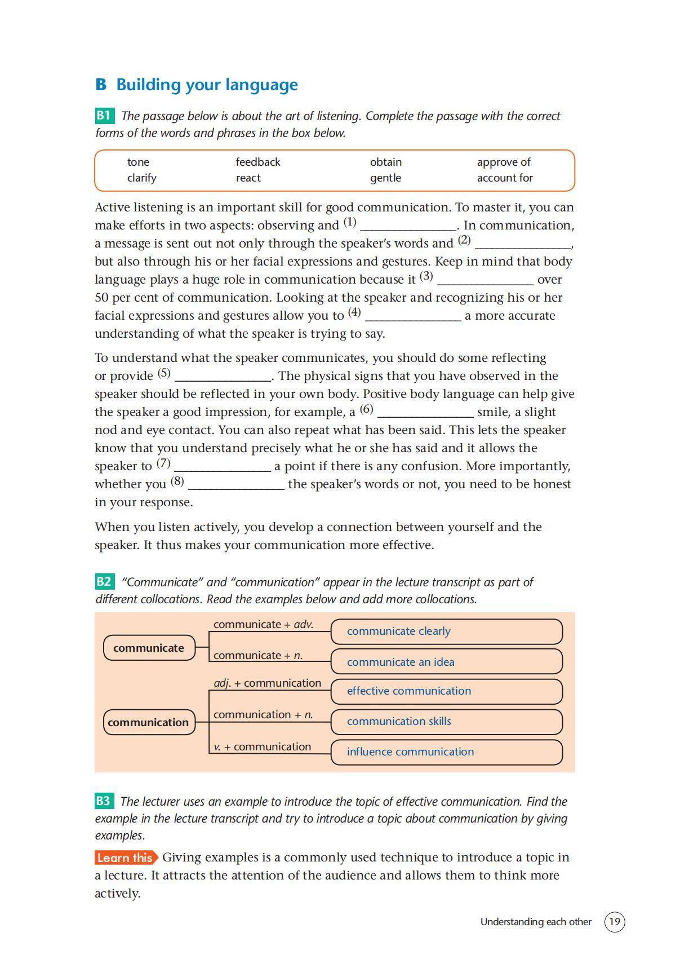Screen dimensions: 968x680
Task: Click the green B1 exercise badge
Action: click(x=104, y=116)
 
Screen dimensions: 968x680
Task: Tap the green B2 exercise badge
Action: click(x=104, y=582)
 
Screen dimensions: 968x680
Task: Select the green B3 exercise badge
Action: click(x=104, y=801)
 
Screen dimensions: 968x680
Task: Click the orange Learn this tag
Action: click(x=126, y=858)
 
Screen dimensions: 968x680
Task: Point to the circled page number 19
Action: click(x=615, y=922)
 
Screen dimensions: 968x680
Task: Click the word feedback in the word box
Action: click(x=257, y=162)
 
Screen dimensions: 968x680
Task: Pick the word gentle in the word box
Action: click(x=385, y=178)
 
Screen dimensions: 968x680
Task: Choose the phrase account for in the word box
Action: click(x=505, y=178)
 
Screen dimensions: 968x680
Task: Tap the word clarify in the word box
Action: click(x=141, y=178)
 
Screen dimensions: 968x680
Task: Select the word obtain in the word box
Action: click(x=386, y=162)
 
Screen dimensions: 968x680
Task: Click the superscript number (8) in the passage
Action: click(x=177, y=481)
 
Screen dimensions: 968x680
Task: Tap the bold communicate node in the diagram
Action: click(x=149, y=648)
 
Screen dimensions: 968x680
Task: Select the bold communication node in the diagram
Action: click(x=149, y=722)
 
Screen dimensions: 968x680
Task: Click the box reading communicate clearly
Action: click(x=446, y=631)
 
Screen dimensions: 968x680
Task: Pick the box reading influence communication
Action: click(x=446, y=752)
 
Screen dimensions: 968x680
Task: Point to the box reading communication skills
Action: click(x=446, y=722)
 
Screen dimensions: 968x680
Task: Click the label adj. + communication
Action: click(x=267, y=683)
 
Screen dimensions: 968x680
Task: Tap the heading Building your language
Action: click(x=207, y=85)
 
